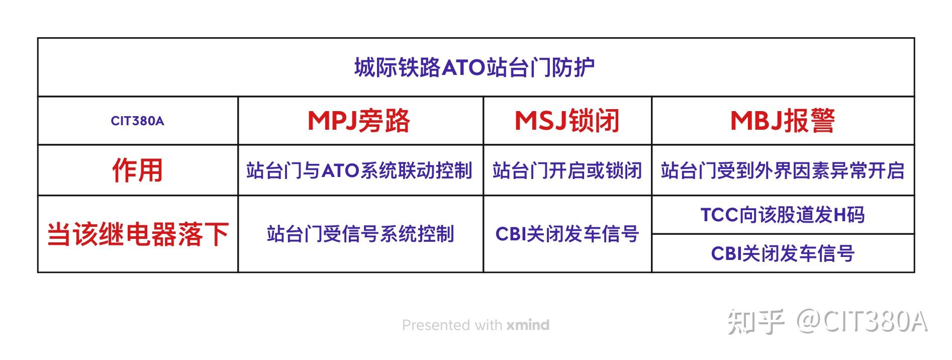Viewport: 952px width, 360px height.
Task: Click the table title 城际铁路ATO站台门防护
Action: pyautogui.click(x=474, y=67)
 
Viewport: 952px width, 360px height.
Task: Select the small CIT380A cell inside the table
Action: pyautogui.click(x=137, y=121)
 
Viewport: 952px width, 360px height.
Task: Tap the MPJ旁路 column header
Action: pyautogui.click(x=359, y=121)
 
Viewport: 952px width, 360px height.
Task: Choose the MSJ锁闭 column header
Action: pyautogui.click(x=566, y=121)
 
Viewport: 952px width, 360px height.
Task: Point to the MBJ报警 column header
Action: pyautogui.click(x=782, y=121)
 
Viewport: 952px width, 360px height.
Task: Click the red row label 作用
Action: pyautogui.click(x=137, y=170)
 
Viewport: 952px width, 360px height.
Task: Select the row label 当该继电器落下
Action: pyautogui.click(x=137, y=234)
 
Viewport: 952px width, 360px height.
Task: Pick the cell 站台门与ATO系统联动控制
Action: pyautogui.click(x=359, y=171)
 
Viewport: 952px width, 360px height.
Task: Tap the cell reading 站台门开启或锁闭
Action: pyautogui.click(x=566, y=171)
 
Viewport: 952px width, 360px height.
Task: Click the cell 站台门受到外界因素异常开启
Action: pyautogui.click(x=782, y=171)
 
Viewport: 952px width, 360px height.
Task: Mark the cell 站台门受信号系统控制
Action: pyautogui.click(x=360, y=234)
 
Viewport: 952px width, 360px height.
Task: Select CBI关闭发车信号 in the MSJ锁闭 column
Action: pyautogui.click(x=566, y=234)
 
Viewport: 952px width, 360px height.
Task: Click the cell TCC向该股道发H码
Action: pyautogui.click(x=782, y=215)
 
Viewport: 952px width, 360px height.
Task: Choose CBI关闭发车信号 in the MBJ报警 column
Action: pyautogui.click(x=782, y=253)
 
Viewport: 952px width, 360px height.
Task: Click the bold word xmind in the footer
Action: pyautogui.click(x=528, y=325)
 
